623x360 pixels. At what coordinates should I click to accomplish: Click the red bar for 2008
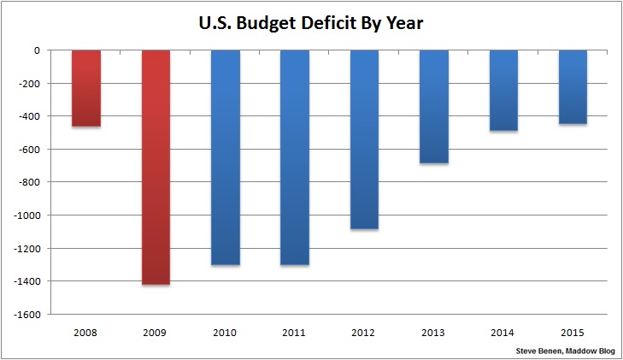[85, 89]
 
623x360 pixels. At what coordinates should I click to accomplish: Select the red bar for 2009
[156, 167]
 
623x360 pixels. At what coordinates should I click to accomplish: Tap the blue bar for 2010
[226, 157]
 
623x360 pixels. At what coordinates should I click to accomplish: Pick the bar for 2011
[295, 157]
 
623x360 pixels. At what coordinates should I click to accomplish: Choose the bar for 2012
[364, 139]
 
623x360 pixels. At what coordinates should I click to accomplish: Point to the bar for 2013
[434, 107]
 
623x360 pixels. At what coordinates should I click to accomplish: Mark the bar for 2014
[503, 91]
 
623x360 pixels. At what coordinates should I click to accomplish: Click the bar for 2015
[573, 87]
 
